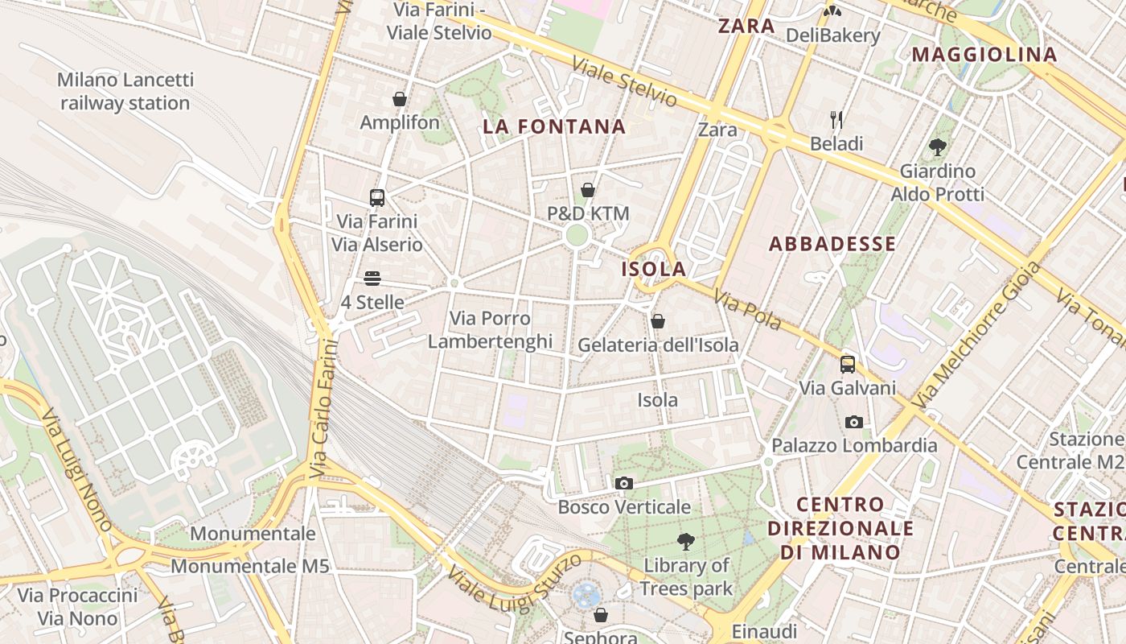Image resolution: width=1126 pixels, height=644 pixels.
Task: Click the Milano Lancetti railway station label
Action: click(125, 92)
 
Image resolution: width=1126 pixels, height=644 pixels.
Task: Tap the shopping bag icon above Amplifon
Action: click(400, 99)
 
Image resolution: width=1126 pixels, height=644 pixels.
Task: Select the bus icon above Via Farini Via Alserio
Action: click(376, 197)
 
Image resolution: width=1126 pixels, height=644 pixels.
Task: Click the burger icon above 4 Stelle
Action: click(372, 279)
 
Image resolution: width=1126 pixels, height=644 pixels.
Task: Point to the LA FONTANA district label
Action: click(554, 126)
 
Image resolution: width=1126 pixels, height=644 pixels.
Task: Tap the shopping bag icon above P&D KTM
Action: click(588, 190)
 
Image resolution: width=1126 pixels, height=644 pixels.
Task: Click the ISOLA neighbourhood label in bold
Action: click(654, 269)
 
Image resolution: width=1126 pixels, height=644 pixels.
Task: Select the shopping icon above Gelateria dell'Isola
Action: click(658, 321)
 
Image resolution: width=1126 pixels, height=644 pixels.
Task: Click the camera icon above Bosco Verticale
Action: click(623, 483)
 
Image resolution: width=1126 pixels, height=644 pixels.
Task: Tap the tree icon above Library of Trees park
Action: click(686, 541)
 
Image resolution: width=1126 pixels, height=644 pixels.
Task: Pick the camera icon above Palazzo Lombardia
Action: click(854, 422)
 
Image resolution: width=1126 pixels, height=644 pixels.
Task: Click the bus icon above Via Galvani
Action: click(848, 364)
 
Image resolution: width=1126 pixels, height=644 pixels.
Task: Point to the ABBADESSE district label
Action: click(832, 244)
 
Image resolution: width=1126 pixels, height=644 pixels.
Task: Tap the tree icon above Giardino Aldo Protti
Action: click(937, 147)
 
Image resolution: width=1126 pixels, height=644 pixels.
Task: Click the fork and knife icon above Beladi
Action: click(836, 120)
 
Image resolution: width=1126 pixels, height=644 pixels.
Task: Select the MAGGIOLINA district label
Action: click(984, 55)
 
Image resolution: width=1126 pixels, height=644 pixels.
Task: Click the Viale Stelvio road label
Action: click(624, 82)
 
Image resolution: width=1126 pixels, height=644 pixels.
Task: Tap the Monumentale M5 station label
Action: click(250, 566)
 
